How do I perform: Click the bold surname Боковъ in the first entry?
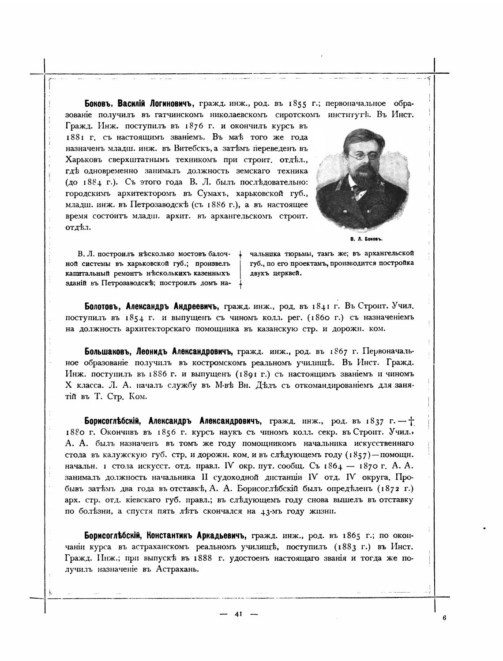coord(99,104)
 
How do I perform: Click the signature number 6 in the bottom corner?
coord(444,618)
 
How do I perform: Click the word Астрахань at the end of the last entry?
coord(177,569)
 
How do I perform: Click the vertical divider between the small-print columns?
coord(240,270)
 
